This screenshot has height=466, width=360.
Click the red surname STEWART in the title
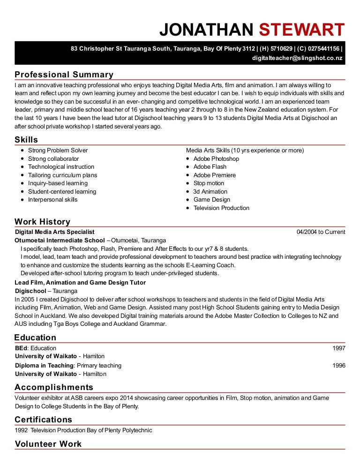pos(302,30)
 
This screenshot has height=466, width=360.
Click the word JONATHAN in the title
pos(206,30)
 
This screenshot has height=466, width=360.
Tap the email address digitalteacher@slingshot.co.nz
pos(297,58)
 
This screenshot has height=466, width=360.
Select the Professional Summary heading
pos(64,75)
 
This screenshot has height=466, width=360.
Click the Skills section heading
pos(26,140)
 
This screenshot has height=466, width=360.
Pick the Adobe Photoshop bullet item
pos(216,159)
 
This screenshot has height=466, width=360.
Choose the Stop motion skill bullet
pos(209,183)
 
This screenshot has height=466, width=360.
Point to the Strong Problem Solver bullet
pos(58,150)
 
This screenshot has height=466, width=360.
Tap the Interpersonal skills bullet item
pos(53,200)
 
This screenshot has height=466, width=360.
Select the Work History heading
pos(42,222)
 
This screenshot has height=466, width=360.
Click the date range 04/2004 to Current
pos(321,232)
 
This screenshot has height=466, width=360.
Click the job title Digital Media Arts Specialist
pos(55,232)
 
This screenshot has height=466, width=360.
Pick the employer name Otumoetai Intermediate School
pos(60,241)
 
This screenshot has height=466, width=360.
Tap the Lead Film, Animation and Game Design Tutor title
pos(80,283)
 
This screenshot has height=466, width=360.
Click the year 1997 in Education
pos(338,348)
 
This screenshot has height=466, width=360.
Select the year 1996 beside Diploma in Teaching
pos(338,366)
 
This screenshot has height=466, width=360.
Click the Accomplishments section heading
pos(54,387)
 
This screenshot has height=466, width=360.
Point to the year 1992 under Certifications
pos(21,430)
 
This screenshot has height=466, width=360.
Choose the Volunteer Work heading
pos(48,444)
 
